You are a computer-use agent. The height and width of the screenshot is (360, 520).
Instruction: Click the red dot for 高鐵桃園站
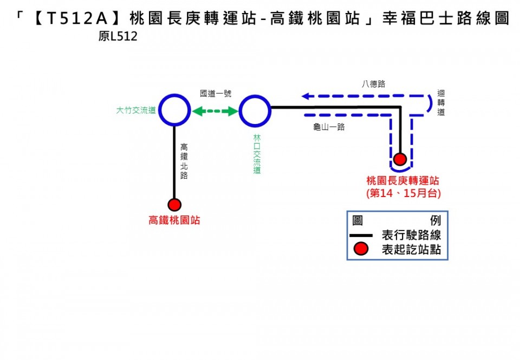(x=174, y=205)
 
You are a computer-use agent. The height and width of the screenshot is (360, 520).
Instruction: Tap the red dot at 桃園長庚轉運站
(x=400, y=159)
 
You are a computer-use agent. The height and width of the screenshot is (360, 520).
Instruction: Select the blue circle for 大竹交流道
(x=174, y=110)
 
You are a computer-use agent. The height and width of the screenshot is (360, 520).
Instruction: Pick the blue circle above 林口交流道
(x=255, y=110)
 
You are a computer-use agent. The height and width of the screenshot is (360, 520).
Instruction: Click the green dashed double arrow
(x=215, y=112)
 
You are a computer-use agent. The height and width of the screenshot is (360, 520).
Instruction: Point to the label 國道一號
(x=215, y=93)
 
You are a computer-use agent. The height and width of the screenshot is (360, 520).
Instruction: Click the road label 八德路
(x=373, y=84)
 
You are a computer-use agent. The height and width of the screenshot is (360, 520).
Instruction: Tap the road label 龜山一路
(x=329, y=127)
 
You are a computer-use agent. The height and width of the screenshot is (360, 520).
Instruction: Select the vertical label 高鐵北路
(x=184, y=161)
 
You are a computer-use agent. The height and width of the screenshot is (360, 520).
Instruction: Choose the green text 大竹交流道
(x=136, y=110)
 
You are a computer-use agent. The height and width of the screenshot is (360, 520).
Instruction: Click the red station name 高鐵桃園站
(x=174, y=220)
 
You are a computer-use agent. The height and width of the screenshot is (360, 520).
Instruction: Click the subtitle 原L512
(x=118, y=37)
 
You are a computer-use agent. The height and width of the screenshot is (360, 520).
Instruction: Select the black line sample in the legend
(x=361, y=235)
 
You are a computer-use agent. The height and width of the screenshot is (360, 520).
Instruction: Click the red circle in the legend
(x=361, y=249)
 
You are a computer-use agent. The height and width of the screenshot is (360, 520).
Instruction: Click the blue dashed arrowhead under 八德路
(x=307, y=96)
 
